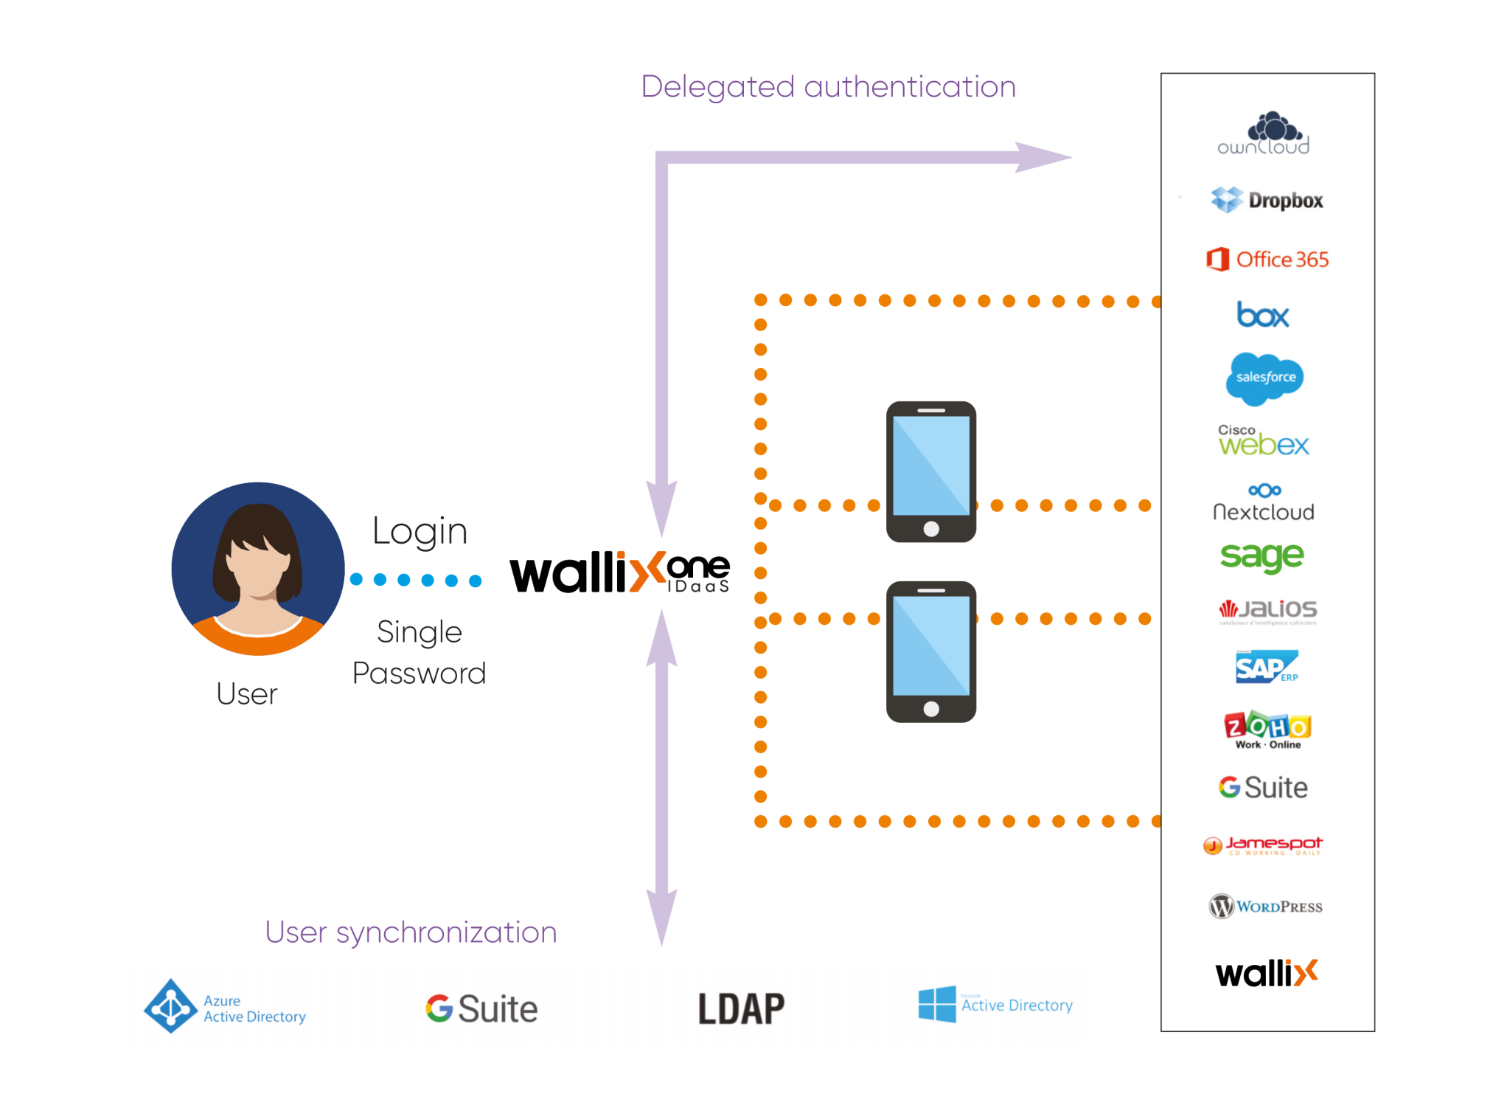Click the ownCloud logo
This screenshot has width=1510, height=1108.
(1263, 134)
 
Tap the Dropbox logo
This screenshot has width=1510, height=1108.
(1267, 200)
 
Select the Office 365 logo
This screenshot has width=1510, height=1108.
(1267, 260)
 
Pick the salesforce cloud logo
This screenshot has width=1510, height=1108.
(1265, 378)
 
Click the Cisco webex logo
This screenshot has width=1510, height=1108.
(1263, 440)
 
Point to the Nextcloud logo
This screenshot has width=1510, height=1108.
(1264, 503)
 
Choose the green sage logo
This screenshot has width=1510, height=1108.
(1262, 557)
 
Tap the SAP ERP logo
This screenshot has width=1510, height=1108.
(1266, 667)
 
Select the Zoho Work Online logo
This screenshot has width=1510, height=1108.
(1267, 730)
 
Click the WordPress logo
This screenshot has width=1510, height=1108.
(1265, 906)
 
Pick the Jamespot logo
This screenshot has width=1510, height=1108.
(1263, 845)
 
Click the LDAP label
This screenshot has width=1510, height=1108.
(741, 1008)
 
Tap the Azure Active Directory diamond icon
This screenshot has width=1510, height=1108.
(171, 1005)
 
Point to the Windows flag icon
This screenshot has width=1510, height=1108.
(937, 1004)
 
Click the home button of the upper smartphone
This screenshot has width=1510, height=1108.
(931, 528)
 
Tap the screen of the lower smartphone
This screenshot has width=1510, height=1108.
(931, 645)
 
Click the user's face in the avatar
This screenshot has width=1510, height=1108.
(258, 564)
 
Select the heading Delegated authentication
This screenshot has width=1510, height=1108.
(828, 87)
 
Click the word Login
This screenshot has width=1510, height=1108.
(420, 531)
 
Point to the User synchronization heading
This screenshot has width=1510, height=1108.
(411, 932)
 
